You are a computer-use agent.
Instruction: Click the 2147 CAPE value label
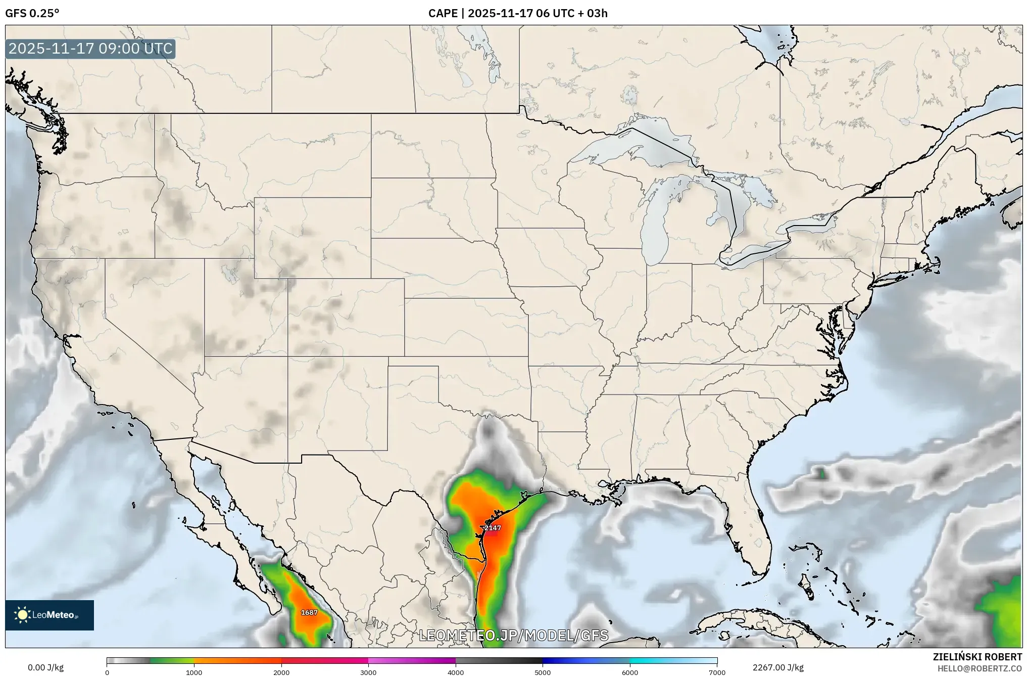493,528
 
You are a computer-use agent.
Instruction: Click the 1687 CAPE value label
309,612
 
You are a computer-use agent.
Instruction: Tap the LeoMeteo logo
50,615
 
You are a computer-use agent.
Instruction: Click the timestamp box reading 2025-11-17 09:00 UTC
90,49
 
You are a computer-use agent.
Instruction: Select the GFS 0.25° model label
32,13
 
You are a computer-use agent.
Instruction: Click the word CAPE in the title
443,13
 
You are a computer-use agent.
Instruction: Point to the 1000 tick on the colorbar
194,672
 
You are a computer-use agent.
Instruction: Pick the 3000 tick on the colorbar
368,672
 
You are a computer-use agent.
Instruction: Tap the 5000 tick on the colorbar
543,672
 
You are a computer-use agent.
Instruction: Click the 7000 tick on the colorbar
717,672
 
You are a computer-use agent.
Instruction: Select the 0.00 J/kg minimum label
45,667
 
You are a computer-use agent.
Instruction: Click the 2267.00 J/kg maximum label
778,667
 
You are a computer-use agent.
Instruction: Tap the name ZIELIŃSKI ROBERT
977,657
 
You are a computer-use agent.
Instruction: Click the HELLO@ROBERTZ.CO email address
980,668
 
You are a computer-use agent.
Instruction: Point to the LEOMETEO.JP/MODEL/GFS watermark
513,636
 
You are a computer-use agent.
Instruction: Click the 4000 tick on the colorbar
456,672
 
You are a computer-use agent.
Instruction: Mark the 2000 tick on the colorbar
281,672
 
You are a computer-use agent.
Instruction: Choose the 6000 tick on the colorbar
629,672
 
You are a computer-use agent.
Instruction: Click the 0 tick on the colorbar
107,672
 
